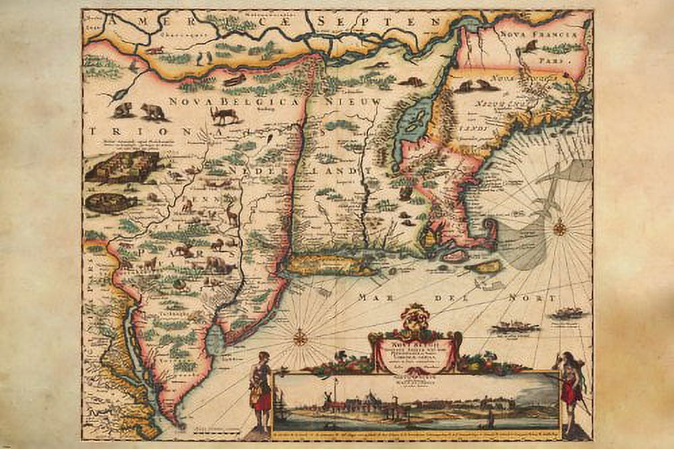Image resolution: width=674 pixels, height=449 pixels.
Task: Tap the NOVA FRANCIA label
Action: click(x=538, y=32)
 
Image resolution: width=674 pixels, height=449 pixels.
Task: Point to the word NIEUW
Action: click(x=353, y=102)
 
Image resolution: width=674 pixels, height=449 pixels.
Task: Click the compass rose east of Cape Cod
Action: click(x=559, y=229)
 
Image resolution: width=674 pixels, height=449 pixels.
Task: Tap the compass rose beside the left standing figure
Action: click(x=300, y=336)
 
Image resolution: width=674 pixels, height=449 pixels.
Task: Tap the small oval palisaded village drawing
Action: click(x=111, y=202)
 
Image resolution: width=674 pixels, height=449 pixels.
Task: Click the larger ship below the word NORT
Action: click(x=515, y=327)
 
